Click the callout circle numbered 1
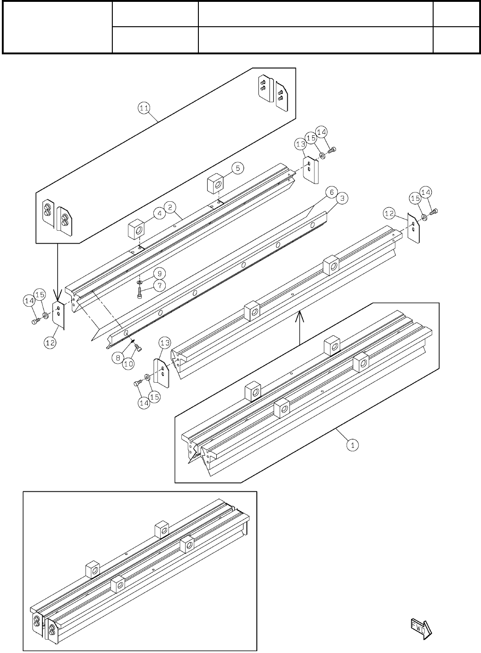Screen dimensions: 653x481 click(352, 445)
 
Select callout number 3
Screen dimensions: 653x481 click(342, 198)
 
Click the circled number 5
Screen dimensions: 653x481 click(238, 168)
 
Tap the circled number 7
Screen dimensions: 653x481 click(159, 286)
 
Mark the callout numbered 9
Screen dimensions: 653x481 click(156, 272)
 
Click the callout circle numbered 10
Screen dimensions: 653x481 click(128, 363)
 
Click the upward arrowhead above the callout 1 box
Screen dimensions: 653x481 click(300, 315)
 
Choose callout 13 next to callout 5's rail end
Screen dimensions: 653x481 click(301, 145)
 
